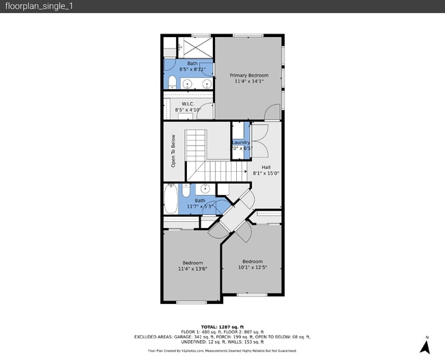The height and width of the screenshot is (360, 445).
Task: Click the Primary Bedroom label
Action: pos(249,75)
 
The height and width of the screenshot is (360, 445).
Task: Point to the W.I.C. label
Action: pos(188,103)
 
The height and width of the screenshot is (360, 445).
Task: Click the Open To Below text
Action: pos(173,151)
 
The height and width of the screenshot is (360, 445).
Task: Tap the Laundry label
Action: pos(241,142)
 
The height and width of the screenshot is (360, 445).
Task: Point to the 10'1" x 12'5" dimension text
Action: pos(252,268)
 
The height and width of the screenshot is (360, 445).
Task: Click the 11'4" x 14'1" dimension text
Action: pos(249,81)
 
